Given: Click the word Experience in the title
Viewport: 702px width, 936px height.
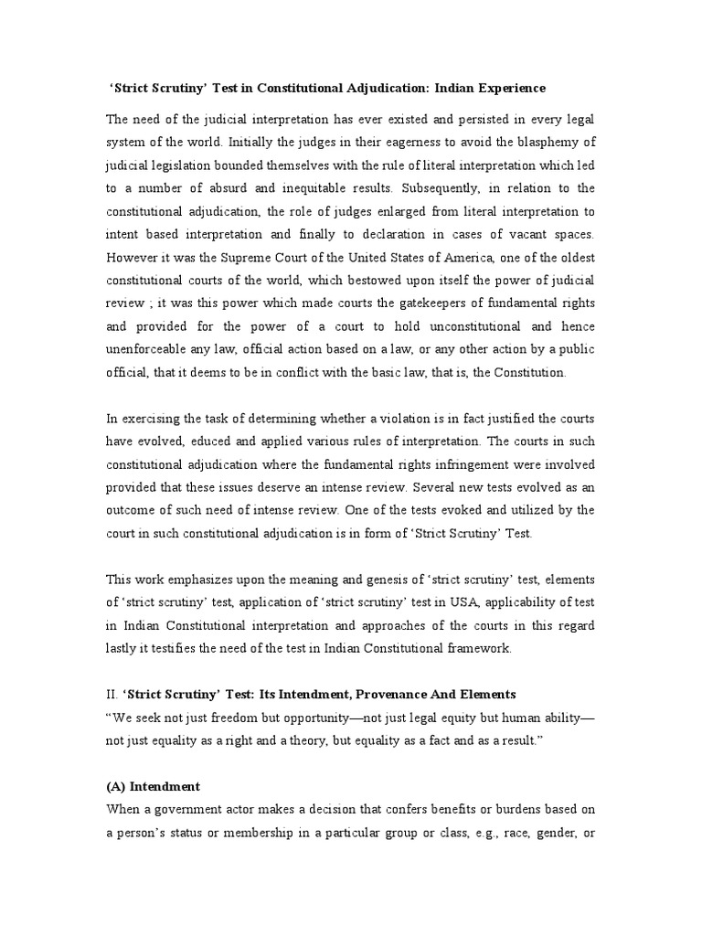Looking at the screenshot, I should (507, 88).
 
